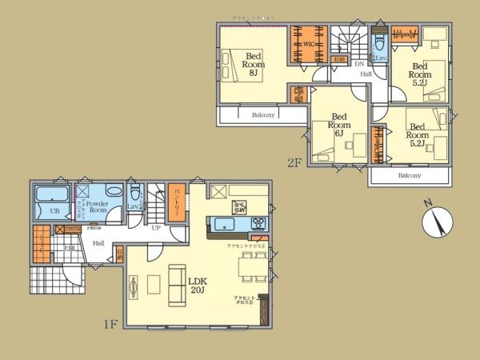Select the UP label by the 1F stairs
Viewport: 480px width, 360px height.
(158, 229)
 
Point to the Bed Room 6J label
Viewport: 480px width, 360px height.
(339, 125)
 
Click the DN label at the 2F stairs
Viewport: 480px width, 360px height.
(359, 63)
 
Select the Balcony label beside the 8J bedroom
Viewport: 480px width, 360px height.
(264, 114)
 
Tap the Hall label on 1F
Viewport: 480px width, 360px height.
(98, 242)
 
